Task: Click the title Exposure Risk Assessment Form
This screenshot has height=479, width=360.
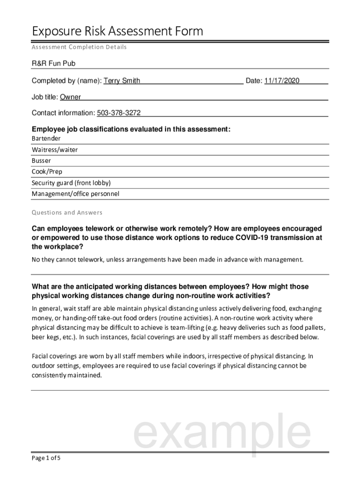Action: pyautogui.click(x=117, y=31)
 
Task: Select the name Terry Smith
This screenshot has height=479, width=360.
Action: pyautogui.click(x=122, y=81)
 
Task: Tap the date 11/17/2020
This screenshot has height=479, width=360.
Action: pyautogui.click(x=281, y=81)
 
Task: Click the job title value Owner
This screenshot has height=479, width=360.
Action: pyautogui.click(x=70, y=97)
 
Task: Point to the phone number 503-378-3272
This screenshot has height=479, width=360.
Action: pyautogui.click(x=119, y=113)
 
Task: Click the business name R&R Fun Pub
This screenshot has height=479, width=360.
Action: pyautogui.click(x=53, y=63)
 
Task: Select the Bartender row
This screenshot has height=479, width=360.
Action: pyautogui.click(x=46, y=139)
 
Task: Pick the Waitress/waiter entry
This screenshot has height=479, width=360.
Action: pyautogui.click(x=55, y=150)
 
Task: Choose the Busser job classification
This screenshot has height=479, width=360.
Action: pyautogui.click(x=41, y=160)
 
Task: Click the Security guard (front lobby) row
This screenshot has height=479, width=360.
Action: pyautogui.click(x=71, y=182)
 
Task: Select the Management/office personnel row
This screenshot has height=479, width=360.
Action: pyautogui.click(x=75, y=194)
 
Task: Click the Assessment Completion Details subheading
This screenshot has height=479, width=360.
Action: pyautogui.click(x=79, y=47)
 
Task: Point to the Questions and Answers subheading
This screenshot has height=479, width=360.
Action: pyautogui.click(x=67, y=212)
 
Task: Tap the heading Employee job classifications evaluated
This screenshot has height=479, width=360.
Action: pyautogui.click(x=131, y=129)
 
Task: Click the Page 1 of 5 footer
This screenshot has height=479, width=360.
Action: pyautogui.click(x=46, y=458)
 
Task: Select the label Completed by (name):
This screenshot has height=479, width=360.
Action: pyautogui.click(x=66, y=81)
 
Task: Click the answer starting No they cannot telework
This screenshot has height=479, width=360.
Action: pyautogui.click(x=167, y=259)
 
